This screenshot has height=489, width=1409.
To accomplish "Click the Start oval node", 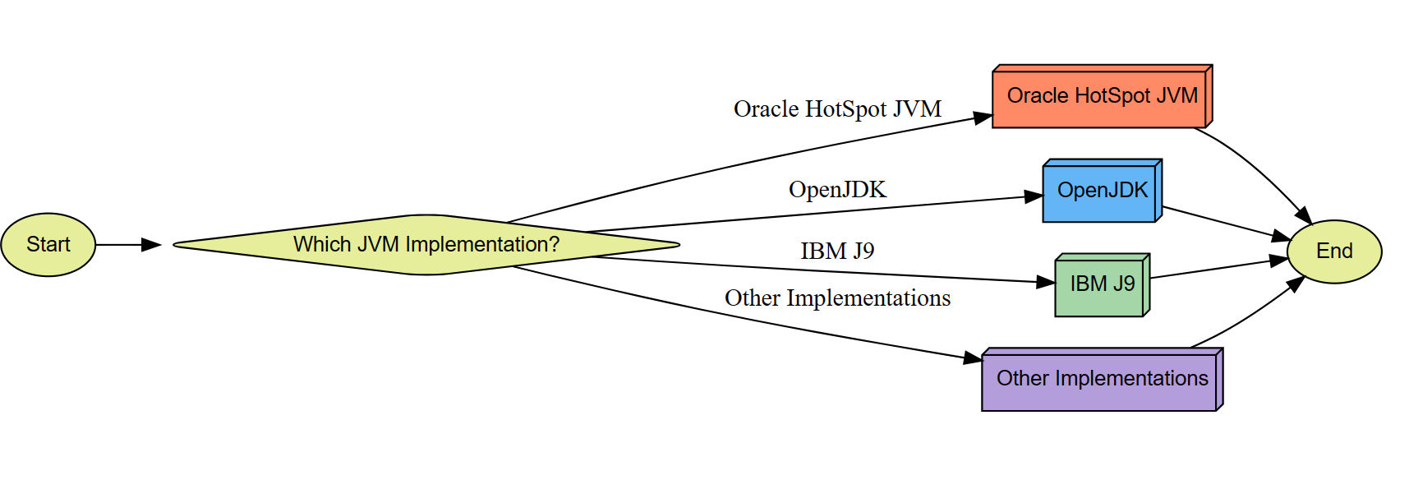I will pyautogui.click(x=48, y=245).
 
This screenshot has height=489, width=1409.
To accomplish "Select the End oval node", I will pyautogui.click(x=1333, y=251).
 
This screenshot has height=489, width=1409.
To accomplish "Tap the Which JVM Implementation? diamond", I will pyautogui.click(x=426, y=245).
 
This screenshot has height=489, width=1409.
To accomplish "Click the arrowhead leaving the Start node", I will pyautogui.click(x=151, y=245).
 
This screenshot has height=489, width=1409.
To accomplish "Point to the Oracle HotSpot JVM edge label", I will pyautogui.click(x=836, y=109).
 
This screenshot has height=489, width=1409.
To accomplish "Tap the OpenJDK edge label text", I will pyautogui.click(x=836, y=190).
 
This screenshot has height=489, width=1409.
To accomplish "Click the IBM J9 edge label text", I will pyautogui.click(x=836, y=251).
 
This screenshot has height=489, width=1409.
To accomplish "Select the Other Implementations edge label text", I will pyautogui.click(x=836, y=298).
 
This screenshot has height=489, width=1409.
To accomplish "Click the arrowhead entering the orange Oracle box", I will pyautogui.click(x=983, y=118).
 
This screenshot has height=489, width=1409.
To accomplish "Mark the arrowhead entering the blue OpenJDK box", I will pyautogui.click(x=1034, y=196).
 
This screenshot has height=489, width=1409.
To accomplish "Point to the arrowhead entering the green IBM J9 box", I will pyautogui.click(x=1046, y=282).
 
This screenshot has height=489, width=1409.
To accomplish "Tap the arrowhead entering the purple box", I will pyautogui.click(x=973, y=358).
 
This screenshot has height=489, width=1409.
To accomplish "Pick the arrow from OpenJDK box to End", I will pyautogui.click(x=1224, y=222).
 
